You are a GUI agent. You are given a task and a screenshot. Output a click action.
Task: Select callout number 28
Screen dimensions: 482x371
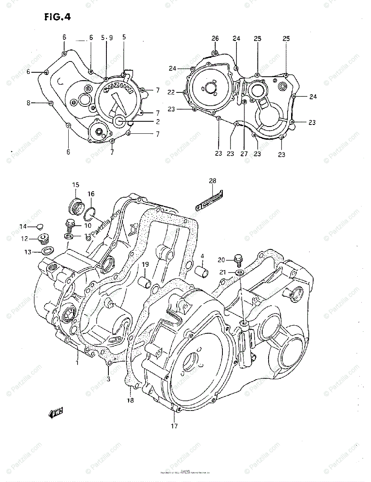212,181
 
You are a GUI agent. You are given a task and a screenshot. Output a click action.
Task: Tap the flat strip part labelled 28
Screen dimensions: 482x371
210,200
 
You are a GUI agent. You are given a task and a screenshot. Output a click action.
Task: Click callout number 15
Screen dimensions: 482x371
75,185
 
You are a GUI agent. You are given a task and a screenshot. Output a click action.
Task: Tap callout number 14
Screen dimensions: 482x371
24,226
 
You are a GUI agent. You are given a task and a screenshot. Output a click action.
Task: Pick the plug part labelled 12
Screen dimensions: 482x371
42,239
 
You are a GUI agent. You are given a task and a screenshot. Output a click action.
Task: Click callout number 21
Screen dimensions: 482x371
223,272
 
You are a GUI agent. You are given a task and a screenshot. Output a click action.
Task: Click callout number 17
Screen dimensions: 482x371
174,426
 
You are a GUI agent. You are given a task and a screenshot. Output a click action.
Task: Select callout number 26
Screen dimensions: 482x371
215,39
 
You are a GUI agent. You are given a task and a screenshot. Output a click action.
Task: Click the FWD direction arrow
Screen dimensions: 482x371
56,413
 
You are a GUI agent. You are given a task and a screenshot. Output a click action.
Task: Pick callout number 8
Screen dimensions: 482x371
29,103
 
